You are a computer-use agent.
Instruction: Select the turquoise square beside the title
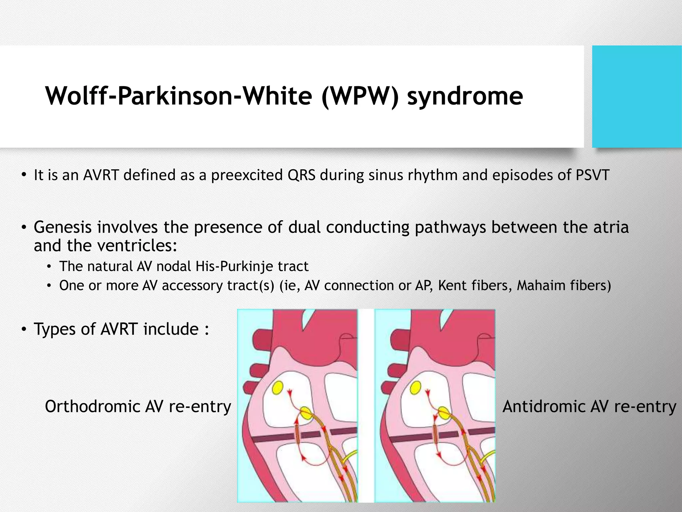click(x=637, y=97)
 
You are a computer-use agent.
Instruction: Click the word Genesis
click(x=63, y=227)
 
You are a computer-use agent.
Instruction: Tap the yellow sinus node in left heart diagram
click(x=278, y=388)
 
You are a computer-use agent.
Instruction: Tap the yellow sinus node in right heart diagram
click(x=415, y=388)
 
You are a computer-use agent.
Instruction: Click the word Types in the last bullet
click(x=54, y=329)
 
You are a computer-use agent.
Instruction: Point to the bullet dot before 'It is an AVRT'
click(x=24, y=175)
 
